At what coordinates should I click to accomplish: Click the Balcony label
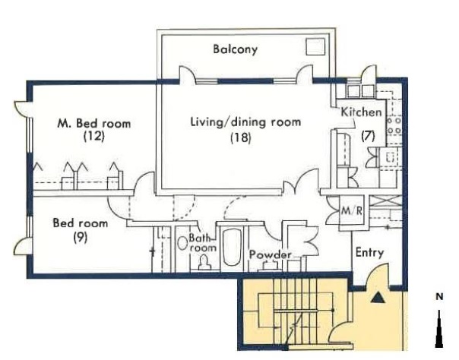[x=235, y=49]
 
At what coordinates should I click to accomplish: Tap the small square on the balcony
[x=315, y=46]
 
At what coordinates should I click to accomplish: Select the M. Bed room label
[x=94, y=123]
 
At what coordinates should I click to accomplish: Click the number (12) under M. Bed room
[x=94, y=136]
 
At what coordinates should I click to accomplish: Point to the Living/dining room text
[x=245, y=122]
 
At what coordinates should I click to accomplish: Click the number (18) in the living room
[x=241, y=137]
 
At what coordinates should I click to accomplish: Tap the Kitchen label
[x=362, y=112]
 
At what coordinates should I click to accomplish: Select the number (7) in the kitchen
[x=368, y=136]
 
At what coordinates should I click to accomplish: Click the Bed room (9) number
[x=81, y=238]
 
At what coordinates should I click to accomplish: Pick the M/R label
[x=352, y=210]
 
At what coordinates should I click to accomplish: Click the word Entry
[x=369, y=253]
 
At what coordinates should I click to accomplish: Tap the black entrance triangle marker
[x=378, y=298]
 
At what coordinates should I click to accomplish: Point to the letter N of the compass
[x=439, y=296]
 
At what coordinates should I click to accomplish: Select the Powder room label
[x=271, y=254]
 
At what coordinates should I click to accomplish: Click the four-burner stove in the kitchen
[x=394, y=125]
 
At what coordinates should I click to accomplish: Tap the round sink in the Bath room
[x=182, y=243]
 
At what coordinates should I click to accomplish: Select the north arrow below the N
[x=439, y=329]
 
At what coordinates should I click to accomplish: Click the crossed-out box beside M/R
[x=385, y=201]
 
